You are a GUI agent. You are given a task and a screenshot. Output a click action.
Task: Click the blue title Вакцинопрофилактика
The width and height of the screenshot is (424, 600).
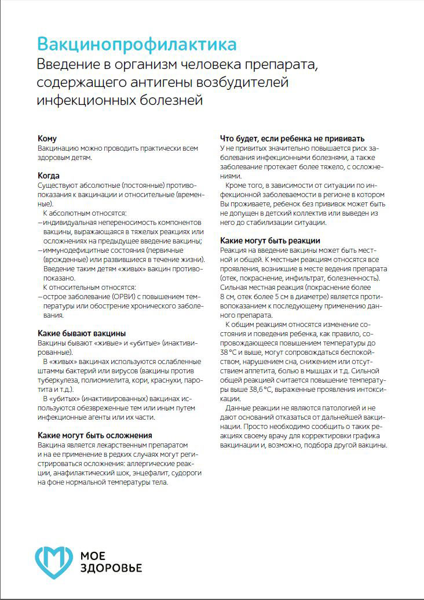[137, 44]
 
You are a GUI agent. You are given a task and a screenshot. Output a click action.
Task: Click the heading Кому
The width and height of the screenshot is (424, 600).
[47, 139]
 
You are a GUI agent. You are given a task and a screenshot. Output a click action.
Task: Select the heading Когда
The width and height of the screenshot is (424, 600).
[49, 176]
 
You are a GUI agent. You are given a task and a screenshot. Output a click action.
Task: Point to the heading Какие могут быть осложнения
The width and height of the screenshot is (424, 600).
[95, 435]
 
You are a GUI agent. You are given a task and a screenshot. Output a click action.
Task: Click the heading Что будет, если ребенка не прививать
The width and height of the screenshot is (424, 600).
[293, 139]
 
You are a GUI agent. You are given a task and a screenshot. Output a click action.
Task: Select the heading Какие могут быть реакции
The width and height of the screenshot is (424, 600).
[271, 241]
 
